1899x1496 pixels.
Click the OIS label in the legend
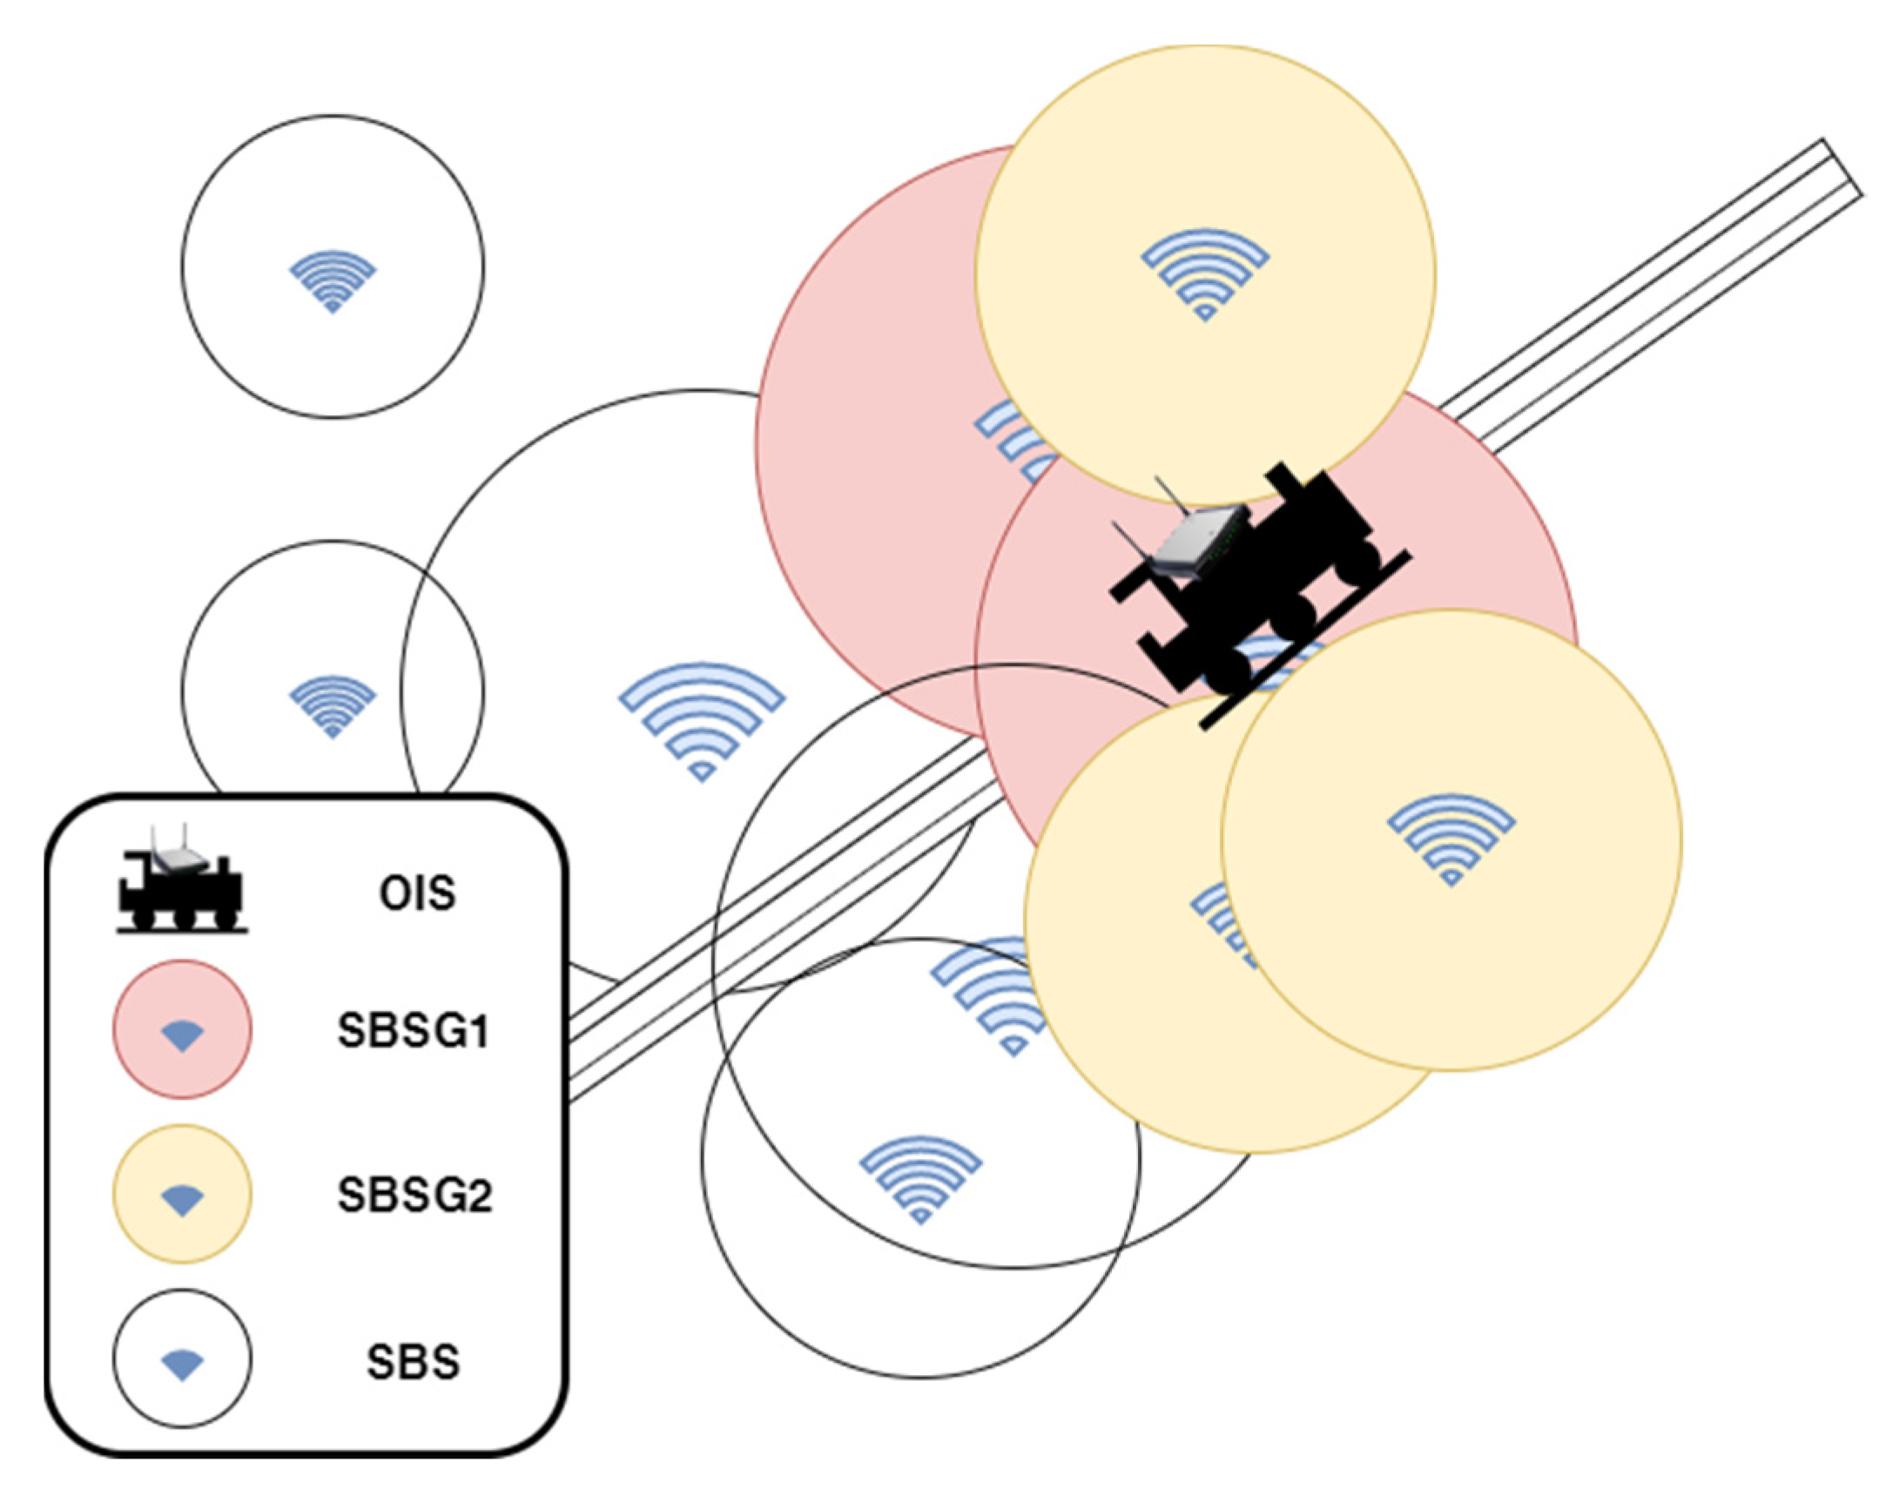417,893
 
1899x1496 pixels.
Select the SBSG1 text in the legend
413,1031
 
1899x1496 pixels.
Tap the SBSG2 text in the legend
415,1195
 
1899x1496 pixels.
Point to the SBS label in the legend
413,1361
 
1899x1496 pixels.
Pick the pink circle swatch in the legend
182,1029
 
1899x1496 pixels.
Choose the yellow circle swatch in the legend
182,1194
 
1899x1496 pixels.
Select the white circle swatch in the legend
182,1358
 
